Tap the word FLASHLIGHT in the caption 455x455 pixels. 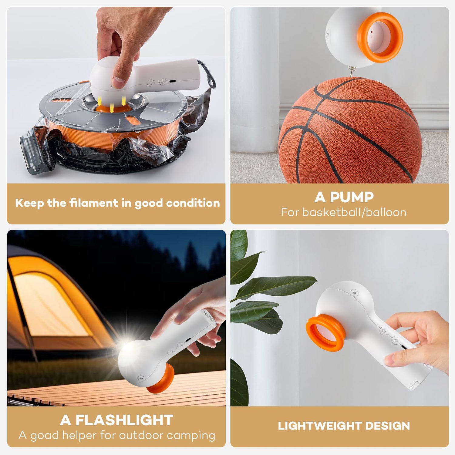[124, 420]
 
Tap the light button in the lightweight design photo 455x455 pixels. [396, 341]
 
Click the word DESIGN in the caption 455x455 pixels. [388, 426]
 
